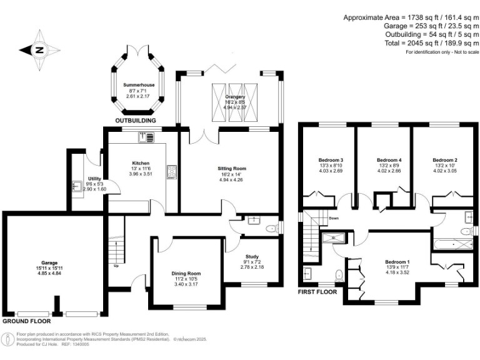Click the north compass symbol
pos(39,49)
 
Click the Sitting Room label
pos(231,169)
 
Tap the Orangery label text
pos(235,97)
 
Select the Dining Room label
pos(186,273)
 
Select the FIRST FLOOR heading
pos(317,292)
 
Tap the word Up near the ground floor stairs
pos(115,265)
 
